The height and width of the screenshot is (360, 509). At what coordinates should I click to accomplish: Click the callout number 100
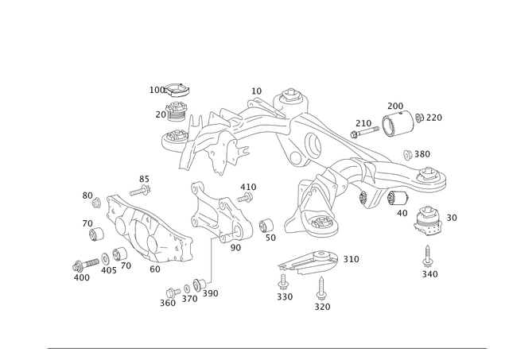(x=157, y=90)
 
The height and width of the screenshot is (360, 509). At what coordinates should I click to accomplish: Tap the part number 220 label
(x=434, y=118)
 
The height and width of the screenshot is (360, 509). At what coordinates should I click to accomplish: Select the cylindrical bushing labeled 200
(x=398, y=124)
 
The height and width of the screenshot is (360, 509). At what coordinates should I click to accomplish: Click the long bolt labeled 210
(x=364, y=132)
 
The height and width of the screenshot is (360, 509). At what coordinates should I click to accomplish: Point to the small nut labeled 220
(x=419, y=118)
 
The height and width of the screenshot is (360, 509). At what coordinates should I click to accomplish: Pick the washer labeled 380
(x=408, y=155)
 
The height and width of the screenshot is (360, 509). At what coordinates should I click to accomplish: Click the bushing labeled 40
(x=398, y=198)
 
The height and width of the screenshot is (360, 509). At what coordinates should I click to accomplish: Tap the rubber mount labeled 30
(x=428, y=221)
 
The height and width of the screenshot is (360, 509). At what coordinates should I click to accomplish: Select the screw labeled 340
(x=428, y=256)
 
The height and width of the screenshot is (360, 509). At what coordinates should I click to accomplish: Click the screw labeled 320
(x=321, y=288)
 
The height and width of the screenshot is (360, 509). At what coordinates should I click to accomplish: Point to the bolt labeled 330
(x=283, y=282)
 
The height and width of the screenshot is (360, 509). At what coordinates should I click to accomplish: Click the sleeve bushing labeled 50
(x=266, y=226)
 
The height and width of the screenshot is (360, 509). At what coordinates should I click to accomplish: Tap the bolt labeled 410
(x=245, y=197)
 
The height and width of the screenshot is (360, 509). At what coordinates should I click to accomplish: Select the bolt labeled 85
(x=140, y=191)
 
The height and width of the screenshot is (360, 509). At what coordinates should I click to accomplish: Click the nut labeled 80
(x=96, y=203)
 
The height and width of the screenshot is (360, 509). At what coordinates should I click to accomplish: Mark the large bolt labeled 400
(x=85, y=265)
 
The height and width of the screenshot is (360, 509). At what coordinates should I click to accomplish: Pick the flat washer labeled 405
(x=105, y=258)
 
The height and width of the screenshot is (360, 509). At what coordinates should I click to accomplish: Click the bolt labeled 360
(x=173, y=292)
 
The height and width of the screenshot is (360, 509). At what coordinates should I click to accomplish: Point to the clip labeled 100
(x=177, y=90)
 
